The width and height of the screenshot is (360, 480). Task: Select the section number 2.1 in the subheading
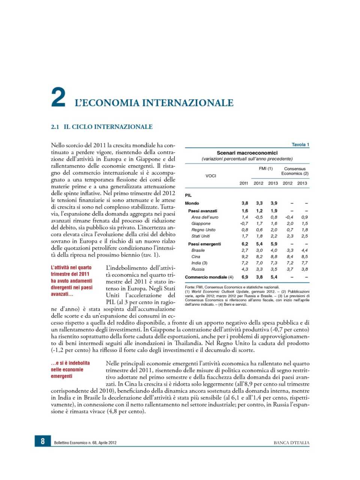pos(55,127)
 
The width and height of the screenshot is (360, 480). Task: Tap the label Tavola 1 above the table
pos(300,144)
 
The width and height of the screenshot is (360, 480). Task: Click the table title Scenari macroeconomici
pos(247,153)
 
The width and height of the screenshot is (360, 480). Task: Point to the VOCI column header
pos(211,175)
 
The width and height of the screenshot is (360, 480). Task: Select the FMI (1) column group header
pos(265,168)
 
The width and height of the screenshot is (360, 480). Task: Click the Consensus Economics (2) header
pos(295,171)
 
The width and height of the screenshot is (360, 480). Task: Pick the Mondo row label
pos(192,203)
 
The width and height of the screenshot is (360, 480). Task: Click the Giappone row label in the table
pos(201,223)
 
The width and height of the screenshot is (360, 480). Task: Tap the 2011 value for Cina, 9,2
pos(244,256)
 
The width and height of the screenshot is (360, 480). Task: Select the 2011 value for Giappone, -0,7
pos(244,223)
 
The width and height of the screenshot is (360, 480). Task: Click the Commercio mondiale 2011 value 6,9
pos(244,277)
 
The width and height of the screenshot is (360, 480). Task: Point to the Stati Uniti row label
pos(201,236)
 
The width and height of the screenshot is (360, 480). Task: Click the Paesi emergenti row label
pos(204,244)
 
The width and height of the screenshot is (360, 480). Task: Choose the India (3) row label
pos(199,263)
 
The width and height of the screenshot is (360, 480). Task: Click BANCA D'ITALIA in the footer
pos(291,442)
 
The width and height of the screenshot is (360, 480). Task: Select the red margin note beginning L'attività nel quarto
pos(71,280)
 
